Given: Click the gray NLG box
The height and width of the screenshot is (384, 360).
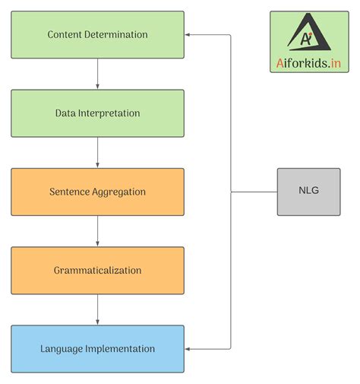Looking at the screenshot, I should [308, 192].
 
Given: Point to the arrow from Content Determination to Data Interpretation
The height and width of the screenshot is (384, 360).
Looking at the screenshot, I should [97, 74].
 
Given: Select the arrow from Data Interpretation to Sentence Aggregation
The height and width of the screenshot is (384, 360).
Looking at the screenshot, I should [97, 152].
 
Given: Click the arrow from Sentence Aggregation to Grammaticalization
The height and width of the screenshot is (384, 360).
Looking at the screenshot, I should [97, 230].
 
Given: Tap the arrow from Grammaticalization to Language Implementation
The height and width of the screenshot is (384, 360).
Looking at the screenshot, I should [97, 309].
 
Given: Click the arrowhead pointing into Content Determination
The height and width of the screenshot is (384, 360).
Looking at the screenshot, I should [189, 35].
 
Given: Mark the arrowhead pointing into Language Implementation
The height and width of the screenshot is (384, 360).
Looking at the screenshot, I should [189, 349].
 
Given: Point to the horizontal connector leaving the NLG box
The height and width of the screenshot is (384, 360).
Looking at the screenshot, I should [254, 192].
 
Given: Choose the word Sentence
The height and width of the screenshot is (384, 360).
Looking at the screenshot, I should [69, 192].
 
